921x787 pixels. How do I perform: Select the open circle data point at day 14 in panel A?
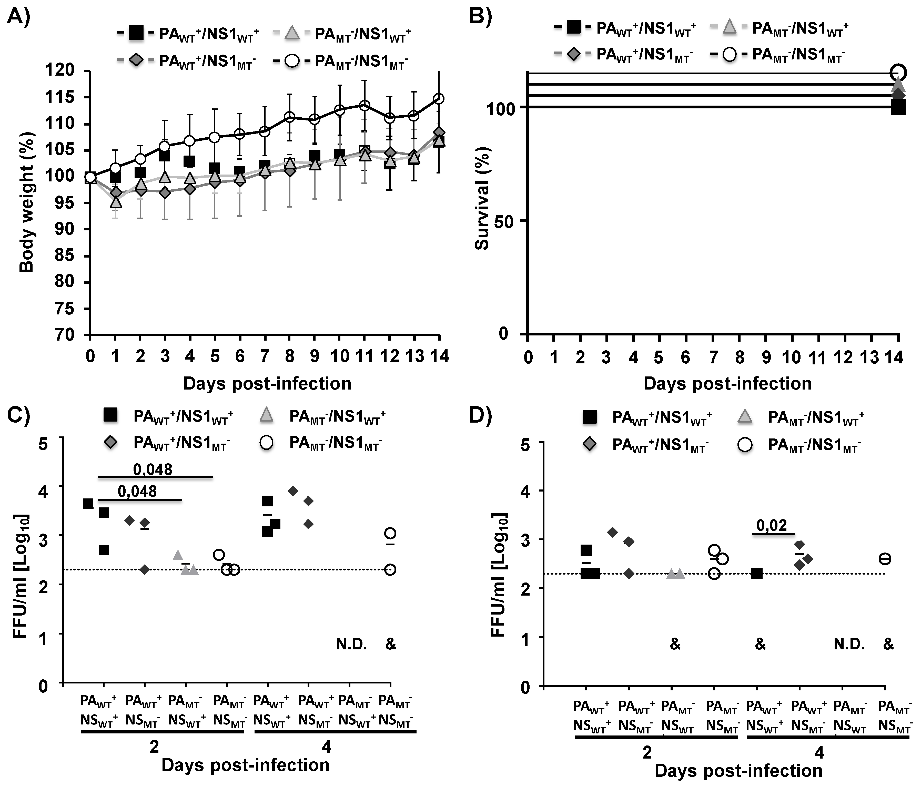click(439, 99)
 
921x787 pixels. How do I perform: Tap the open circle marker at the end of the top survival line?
click(898, 71)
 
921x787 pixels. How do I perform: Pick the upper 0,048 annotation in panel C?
click(153, 469)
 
